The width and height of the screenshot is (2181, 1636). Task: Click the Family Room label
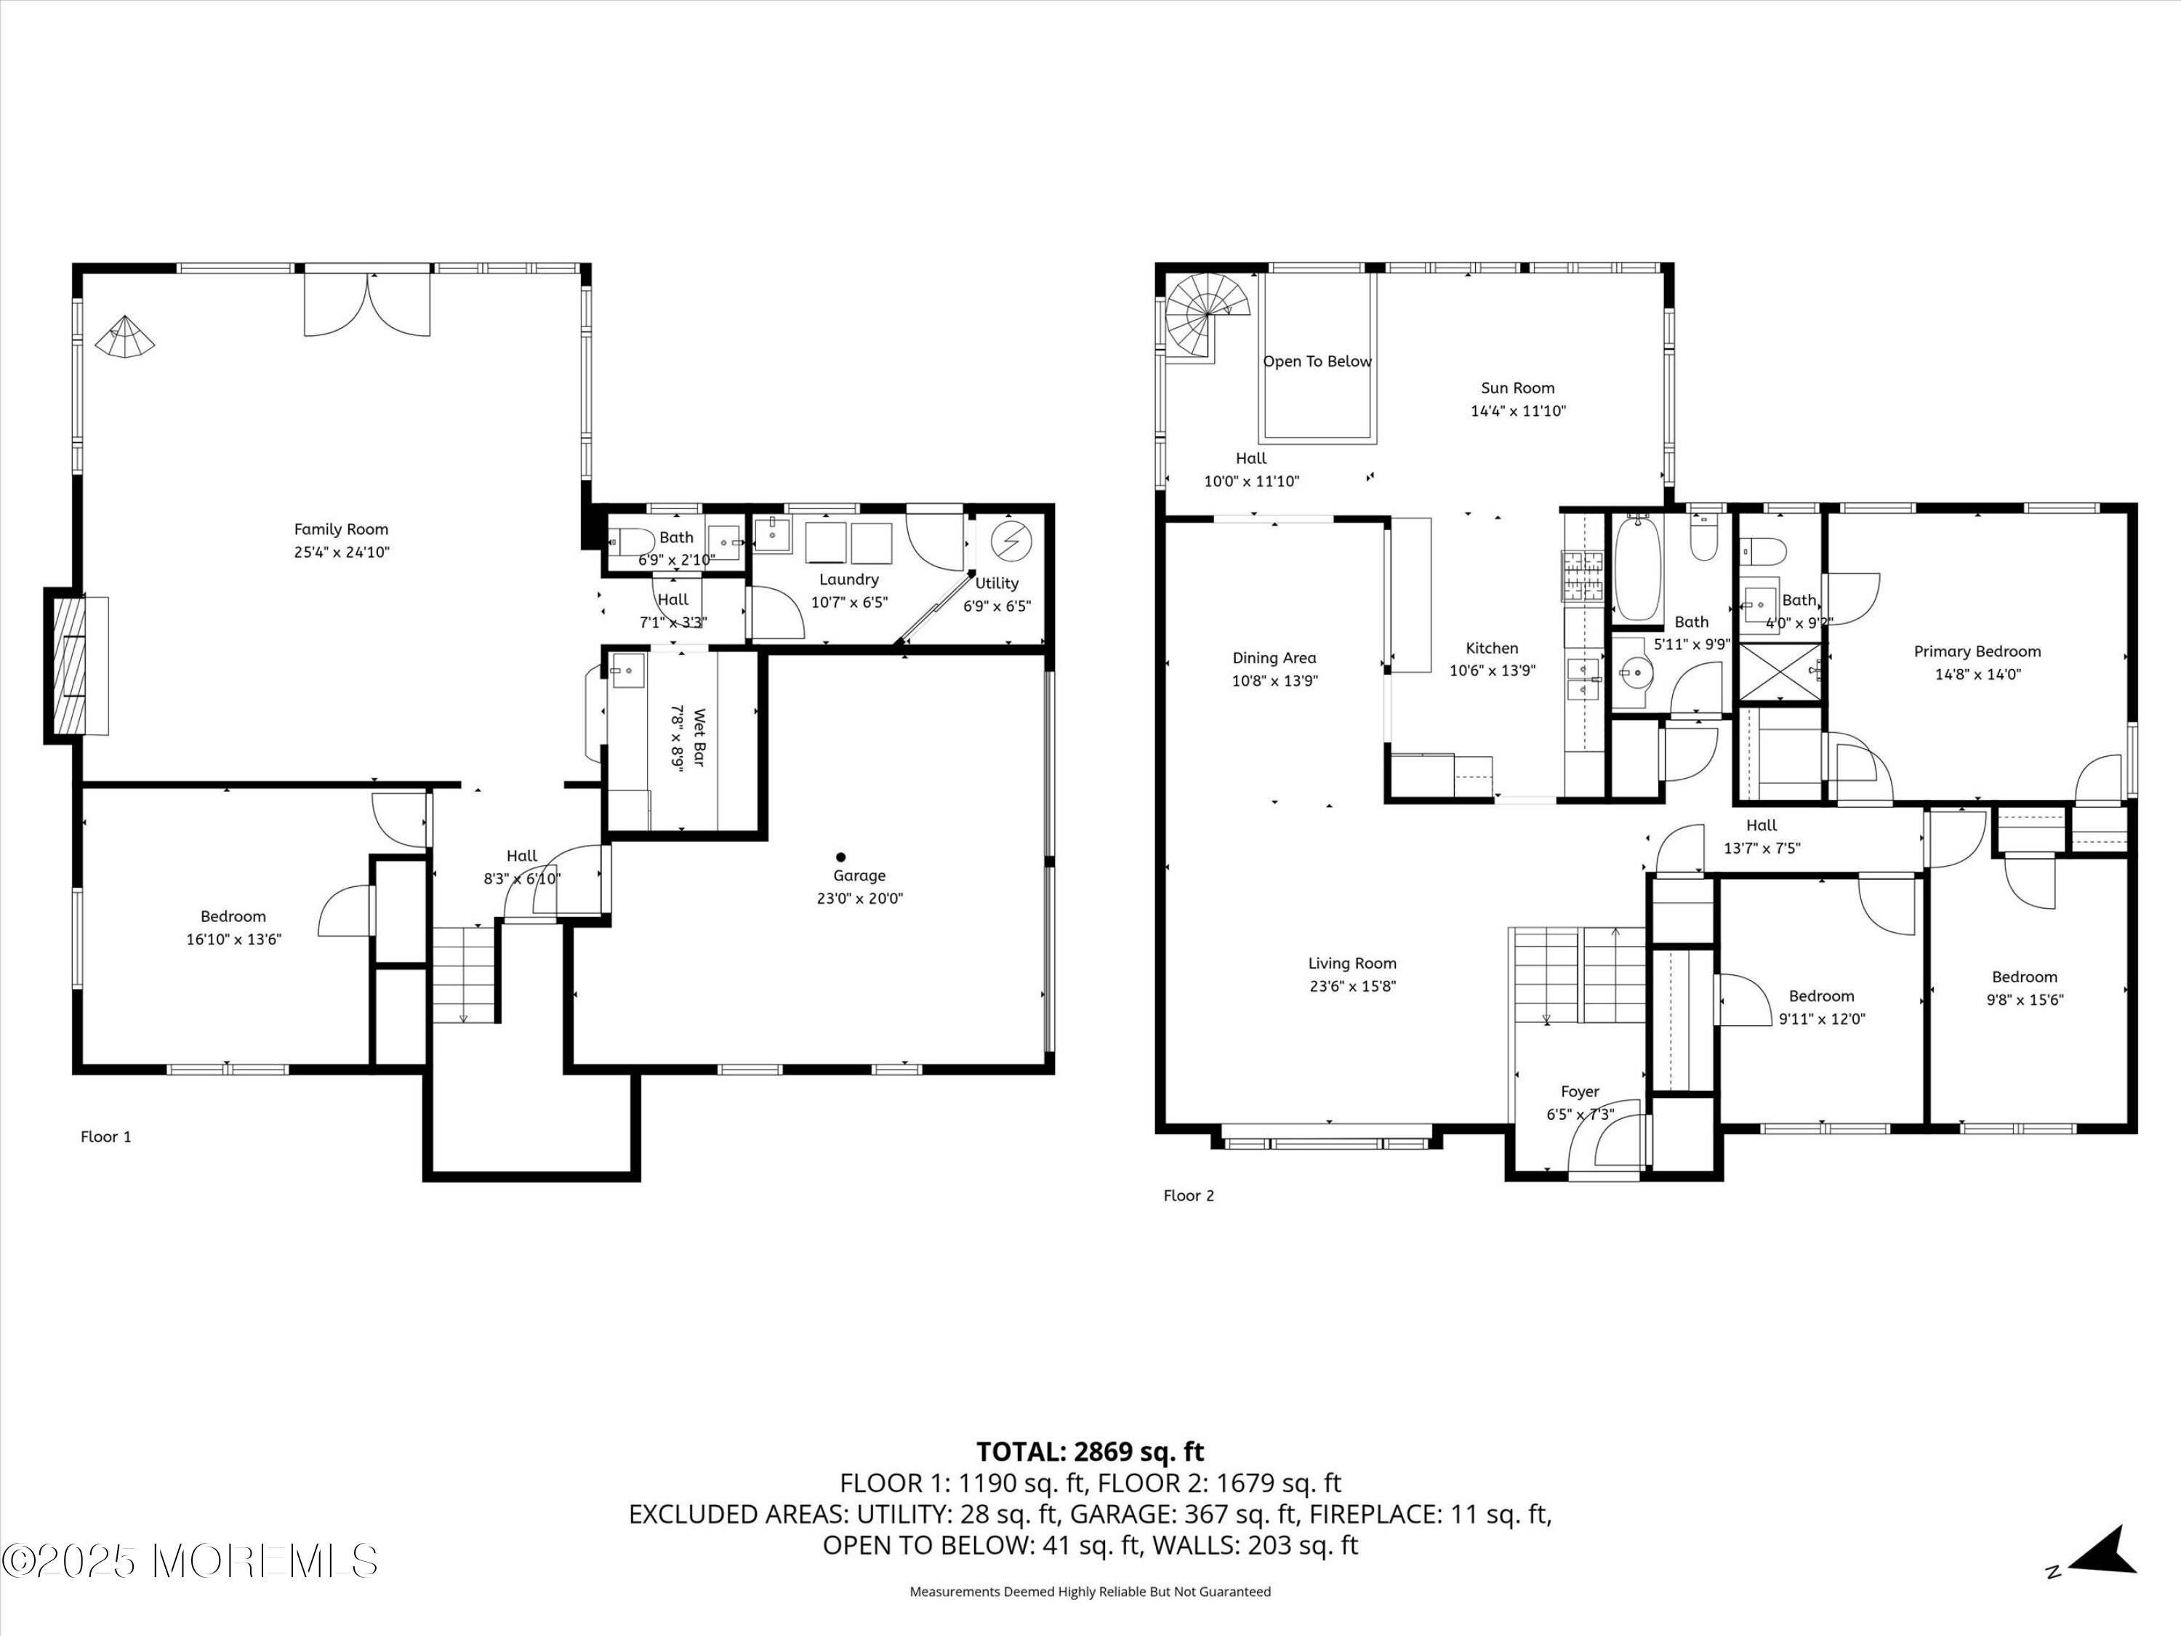341,529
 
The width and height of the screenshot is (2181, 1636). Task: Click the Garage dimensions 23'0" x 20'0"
860,899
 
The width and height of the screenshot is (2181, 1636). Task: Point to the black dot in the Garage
841,857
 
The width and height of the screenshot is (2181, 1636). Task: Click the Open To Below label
1317,362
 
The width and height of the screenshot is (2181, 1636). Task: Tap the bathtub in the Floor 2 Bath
1638,567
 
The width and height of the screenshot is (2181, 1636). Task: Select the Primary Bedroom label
1977,651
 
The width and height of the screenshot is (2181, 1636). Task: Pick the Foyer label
1580,1091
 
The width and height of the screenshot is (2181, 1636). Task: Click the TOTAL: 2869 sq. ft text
1090,1451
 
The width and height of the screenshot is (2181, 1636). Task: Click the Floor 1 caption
105,1137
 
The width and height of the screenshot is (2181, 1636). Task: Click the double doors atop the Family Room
367,304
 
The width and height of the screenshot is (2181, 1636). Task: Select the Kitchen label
1492,648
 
